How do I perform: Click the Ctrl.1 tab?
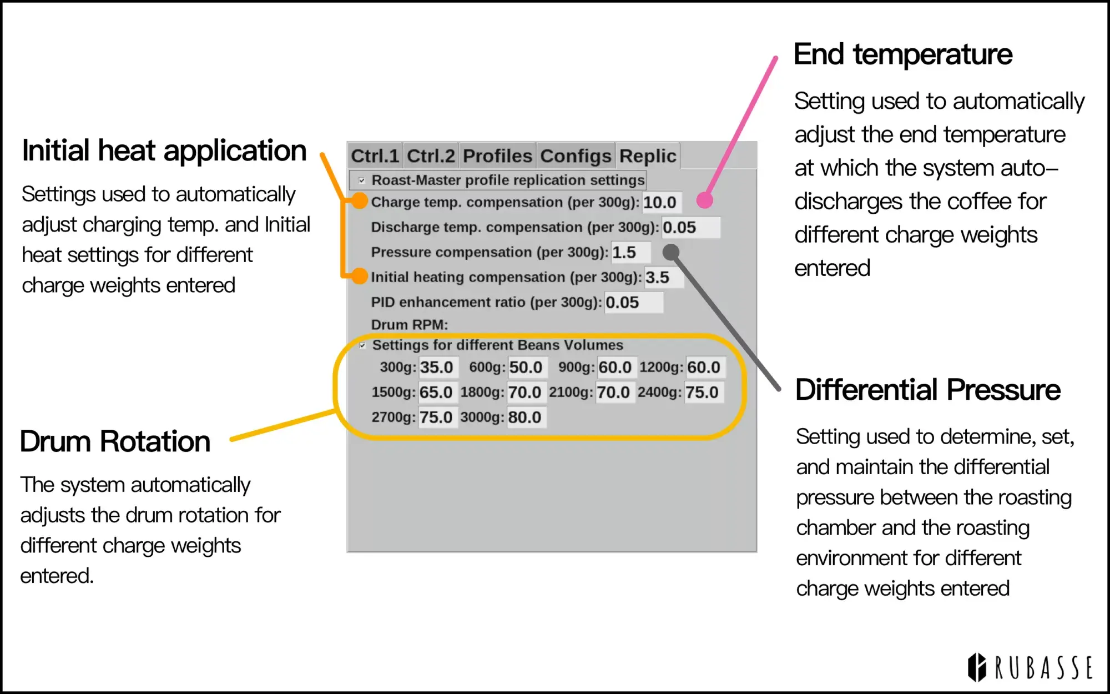(375, 156)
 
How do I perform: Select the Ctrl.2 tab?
(431, 156)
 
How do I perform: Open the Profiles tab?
(497, 156)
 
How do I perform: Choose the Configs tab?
(576, 156)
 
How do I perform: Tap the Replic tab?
(648, 156)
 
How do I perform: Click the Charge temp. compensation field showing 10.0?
(661, 203)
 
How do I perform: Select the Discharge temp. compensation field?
(690, 228)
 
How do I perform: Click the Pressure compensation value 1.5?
(630, 253)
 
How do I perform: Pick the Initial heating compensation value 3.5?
(663, 278)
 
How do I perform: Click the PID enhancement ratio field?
(633, 303)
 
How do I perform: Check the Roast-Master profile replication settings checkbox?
(362, 180)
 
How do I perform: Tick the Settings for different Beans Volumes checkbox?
(362, 345)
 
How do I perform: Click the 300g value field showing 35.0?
(437, 368)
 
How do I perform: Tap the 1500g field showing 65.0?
(437, 393)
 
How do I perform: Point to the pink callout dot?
(704, 200)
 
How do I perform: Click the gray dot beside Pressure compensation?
(671, 252)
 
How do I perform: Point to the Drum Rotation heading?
(115, 442)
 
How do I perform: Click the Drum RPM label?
(409, 325)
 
